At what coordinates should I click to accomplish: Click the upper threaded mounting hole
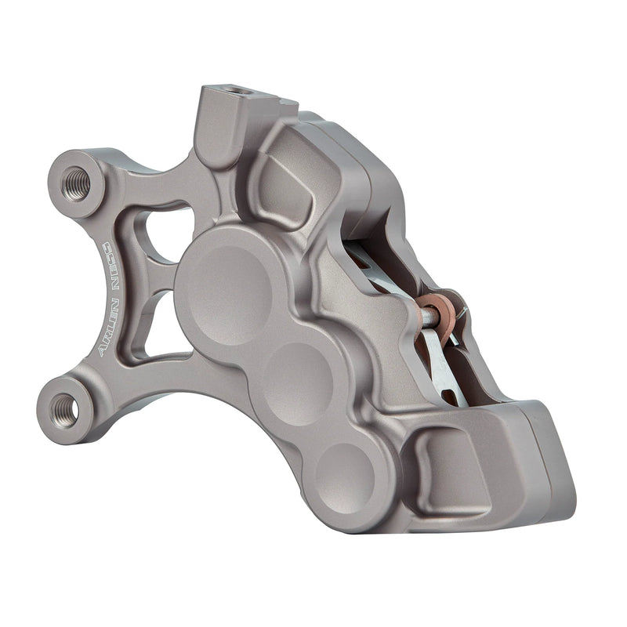pyautogui.click(x=76, y=183)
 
